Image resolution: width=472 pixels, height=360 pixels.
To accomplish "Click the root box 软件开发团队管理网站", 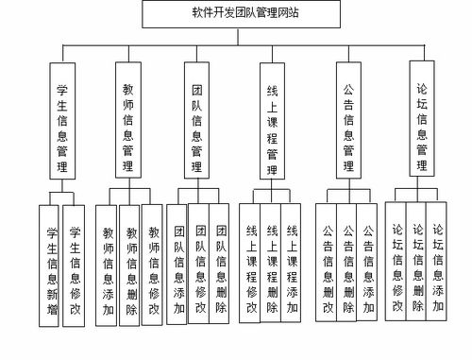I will (x=234, y=14).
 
